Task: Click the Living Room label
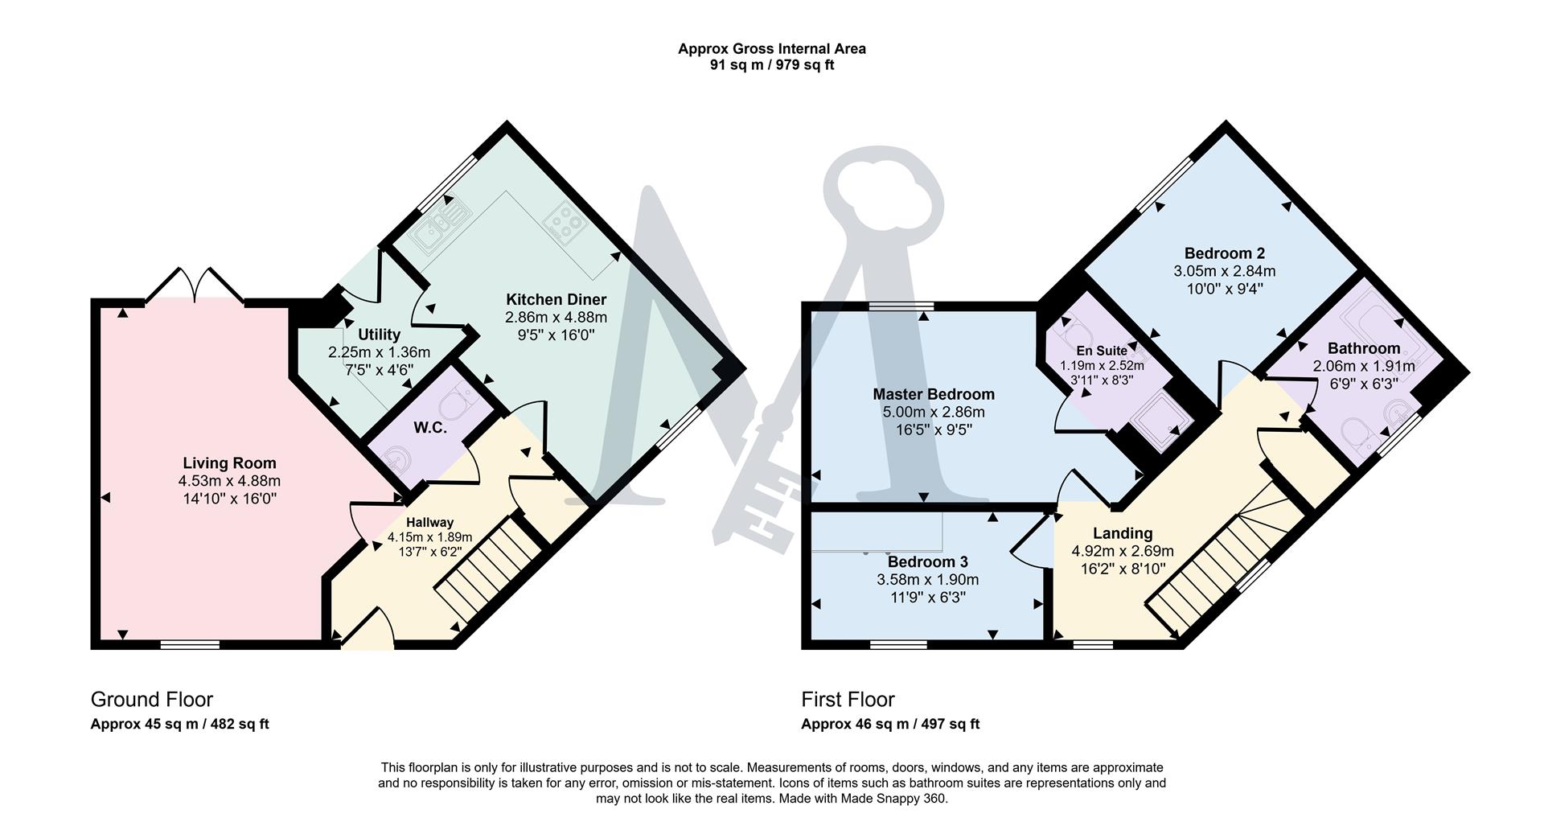coord(229,462)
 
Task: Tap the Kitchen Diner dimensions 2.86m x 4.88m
coord(556,318)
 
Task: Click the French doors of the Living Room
coord(195,286)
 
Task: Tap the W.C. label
coord(430,428)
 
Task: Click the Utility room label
coord(379,335)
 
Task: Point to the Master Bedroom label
coord(933,394)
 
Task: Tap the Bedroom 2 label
coord(1224,253)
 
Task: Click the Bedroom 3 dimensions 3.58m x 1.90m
coord(927,580)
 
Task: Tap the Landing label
coord(1122,533)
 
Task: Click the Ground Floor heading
coord(151,699)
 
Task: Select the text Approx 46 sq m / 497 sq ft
coord(889,724)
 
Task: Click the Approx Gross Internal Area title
coord(771,48)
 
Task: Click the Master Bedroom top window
coord(901,306)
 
